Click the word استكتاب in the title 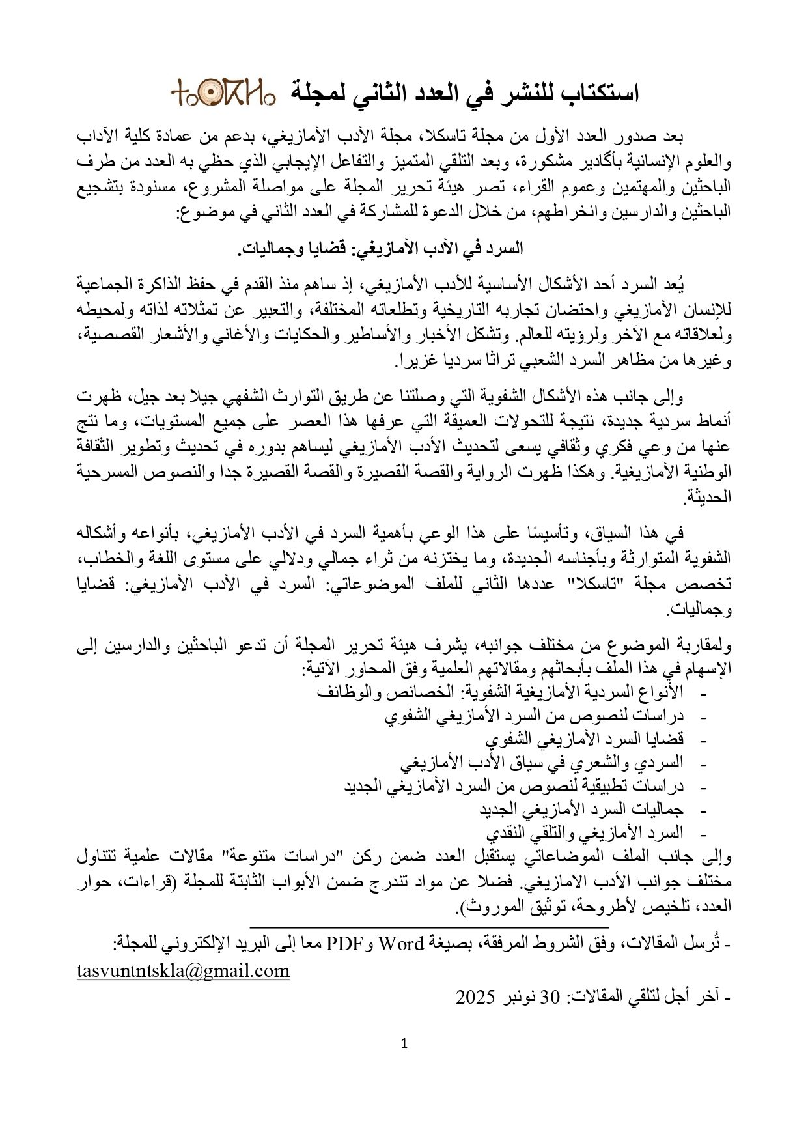click(x=596, y=93)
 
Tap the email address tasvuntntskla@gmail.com click(x=182, y=971)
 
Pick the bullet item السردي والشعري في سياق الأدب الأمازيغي click(x=541, y=762)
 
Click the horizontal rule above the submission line click(x=429, y=926)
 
